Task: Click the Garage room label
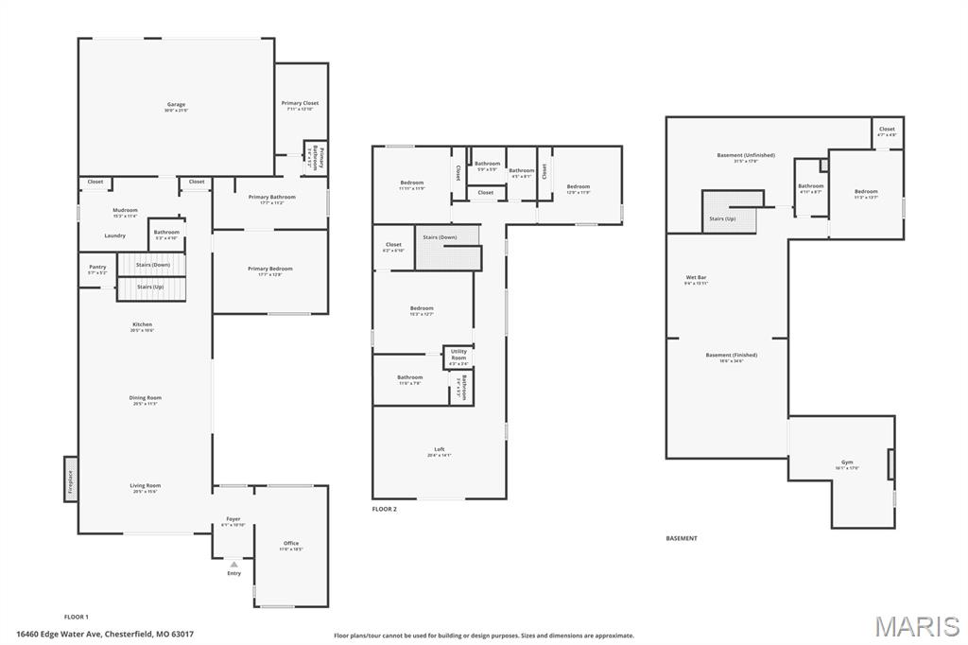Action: (176, 105)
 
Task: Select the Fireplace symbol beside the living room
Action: (70, 479)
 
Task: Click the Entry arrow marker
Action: (233, 564)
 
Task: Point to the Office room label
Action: (291, 544)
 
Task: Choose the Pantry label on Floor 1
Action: (97, 268)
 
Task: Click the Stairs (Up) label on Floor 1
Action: (150, 286)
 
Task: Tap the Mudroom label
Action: (125, 211)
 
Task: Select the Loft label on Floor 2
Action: (439, 450)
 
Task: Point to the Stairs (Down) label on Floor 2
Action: (440, 237)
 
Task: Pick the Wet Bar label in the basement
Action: (696, 278)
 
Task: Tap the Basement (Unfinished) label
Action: (745, 155)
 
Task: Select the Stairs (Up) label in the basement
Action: (722, 218)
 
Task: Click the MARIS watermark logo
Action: (916, 627)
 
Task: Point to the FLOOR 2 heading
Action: (385, 509)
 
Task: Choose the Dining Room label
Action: (146, 398)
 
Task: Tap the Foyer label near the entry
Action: (233, 519)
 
